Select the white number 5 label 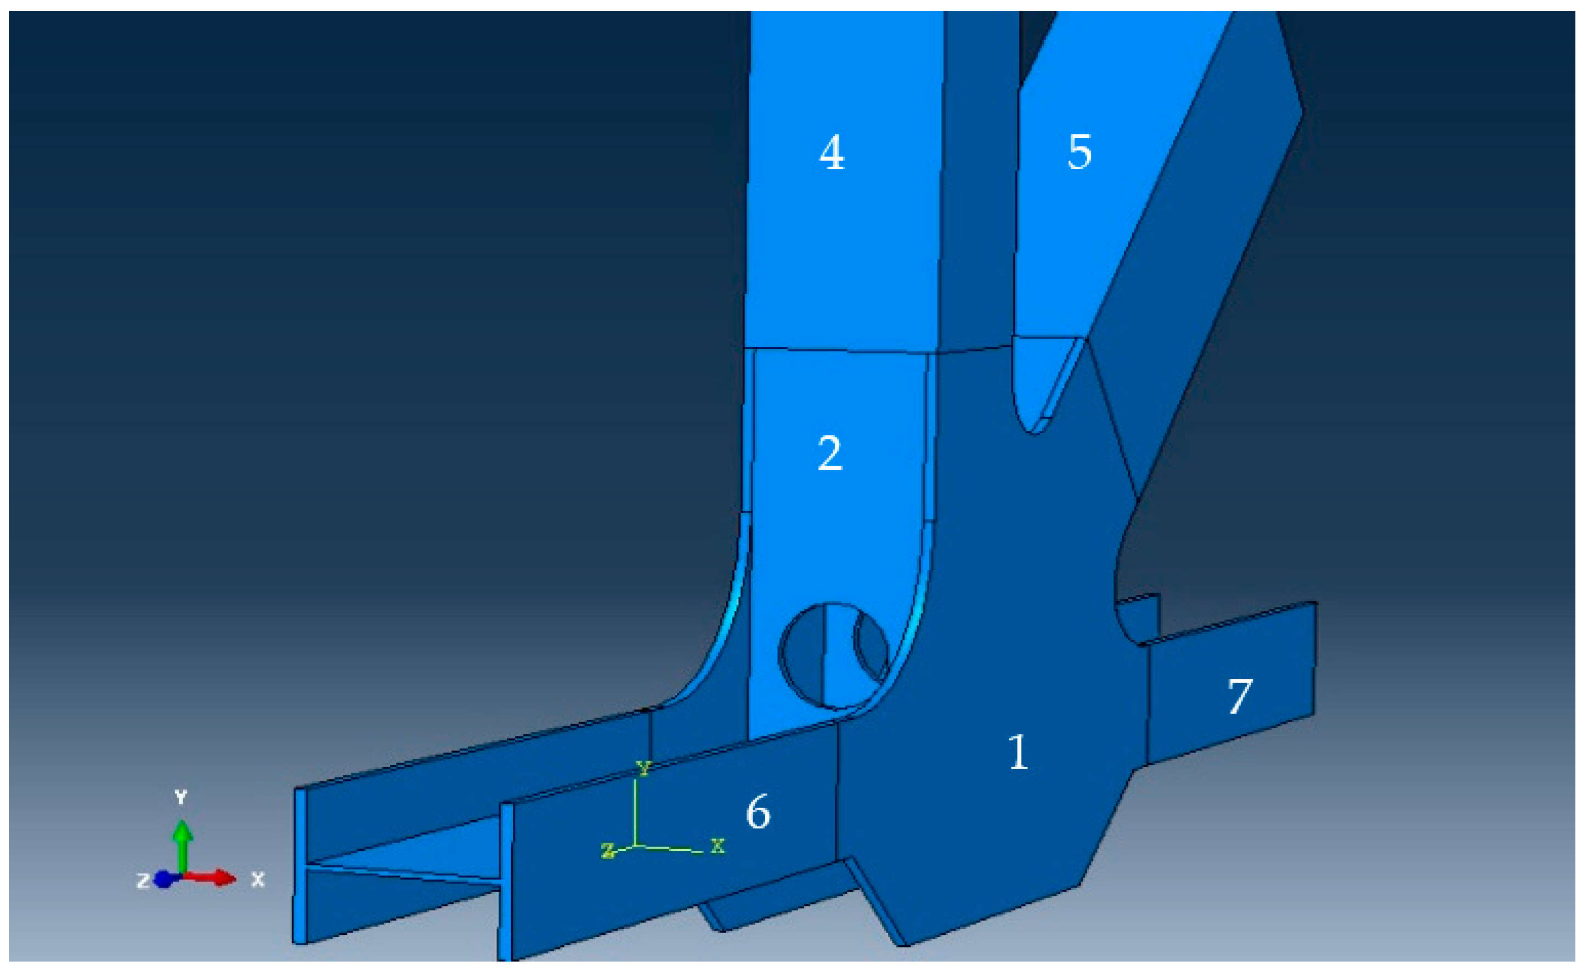pyautogui.click(x=1080, y=152)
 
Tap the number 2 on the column pyautogui.click(x=829, y=452)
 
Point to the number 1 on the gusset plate pyautogui.click(x=1018, y=751)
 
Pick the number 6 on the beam pyautogui.click(x=758, y=811)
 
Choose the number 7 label pyautogui.click(x=1239, y=696)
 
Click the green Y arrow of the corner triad pyautogui.click(x=183, y=845)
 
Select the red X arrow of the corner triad pyautogui.click(x=210, y=877)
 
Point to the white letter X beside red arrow pyautogui.click(x=258, y=879)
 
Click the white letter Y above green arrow pyautogui.click(x=181, y=797)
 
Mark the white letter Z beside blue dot pyautogui.click(x=143, y=880)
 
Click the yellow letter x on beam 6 pyautogui.click(x=717, y=845)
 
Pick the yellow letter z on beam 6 pyautogui.click(x=607, y=850)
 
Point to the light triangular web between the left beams pyautogui.click(x=412, y=850)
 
